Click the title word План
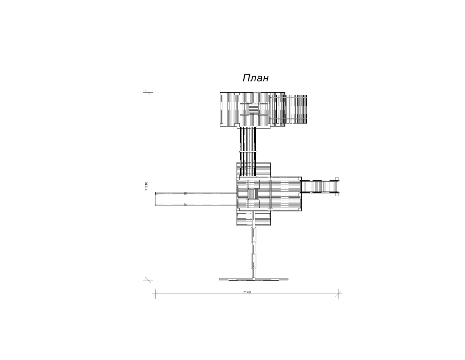pyautogui.click(x=255, y=78)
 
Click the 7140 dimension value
pyautogui.click(x=247, y=292)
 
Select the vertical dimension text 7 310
pyautogui.click(x=146, y=186)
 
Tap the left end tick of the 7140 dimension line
pyautogui.click(x=156, y=294)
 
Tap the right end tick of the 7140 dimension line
pyautogui.click(x=338, y=294)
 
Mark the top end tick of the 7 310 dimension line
pyautogui.click(x=148, y=93)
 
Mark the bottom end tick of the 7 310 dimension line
pyautogui.click(x=148, y=280)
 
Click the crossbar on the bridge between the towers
pyautogui.click(x=248, y=152)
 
